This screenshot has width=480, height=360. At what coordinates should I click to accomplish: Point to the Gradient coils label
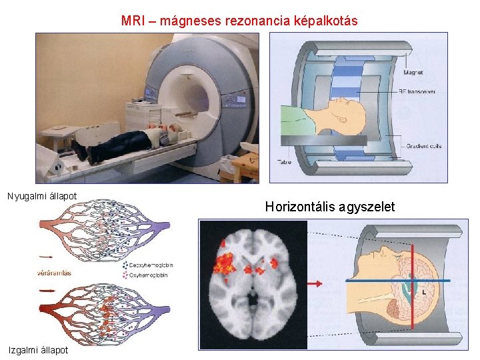click(x=423, y=146)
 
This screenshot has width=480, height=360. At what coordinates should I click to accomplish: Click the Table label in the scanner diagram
click(x=285, y=161)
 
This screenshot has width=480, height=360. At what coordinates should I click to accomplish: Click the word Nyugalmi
click(x=25, y=196)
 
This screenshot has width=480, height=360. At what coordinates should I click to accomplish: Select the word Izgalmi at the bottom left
click(x=21, y=350)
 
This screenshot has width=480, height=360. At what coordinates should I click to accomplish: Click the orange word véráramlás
click(x=55, y=273)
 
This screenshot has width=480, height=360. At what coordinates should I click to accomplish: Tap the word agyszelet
click(x=367, y=207)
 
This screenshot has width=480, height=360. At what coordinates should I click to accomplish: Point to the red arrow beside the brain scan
click(x=315, y=283)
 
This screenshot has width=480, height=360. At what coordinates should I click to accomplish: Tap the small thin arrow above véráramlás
click(x=47, y=255)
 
